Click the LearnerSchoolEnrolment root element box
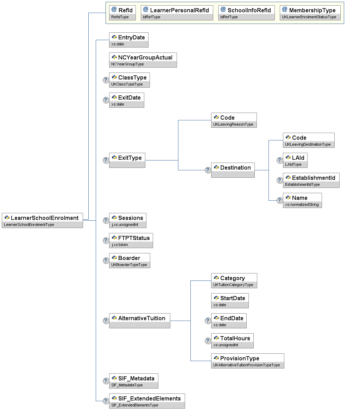click(42, 220)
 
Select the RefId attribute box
click(122, 13)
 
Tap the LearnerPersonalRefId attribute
click(177, 13)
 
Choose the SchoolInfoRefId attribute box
click(246, 13)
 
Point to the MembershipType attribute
click(310, 13)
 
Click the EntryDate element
click(128, 40)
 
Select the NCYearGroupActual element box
click(143, 60)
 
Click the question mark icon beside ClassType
click(106, 80)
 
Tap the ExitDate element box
click(126, 100)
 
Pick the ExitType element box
click(127, 160)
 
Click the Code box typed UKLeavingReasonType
click(234, 120)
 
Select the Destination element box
click(233, 170)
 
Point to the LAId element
click(295, 160)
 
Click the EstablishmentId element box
click(311, 180)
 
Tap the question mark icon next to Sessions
click(106, 220)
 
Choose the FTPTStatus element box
click(131, 240)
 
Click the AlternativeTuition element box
click(139, 321)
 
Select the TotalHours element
click(232, 341)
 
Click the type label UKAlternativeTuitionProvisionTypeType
click(247, 365)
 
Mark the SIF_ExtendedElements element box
click(147, 401)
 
